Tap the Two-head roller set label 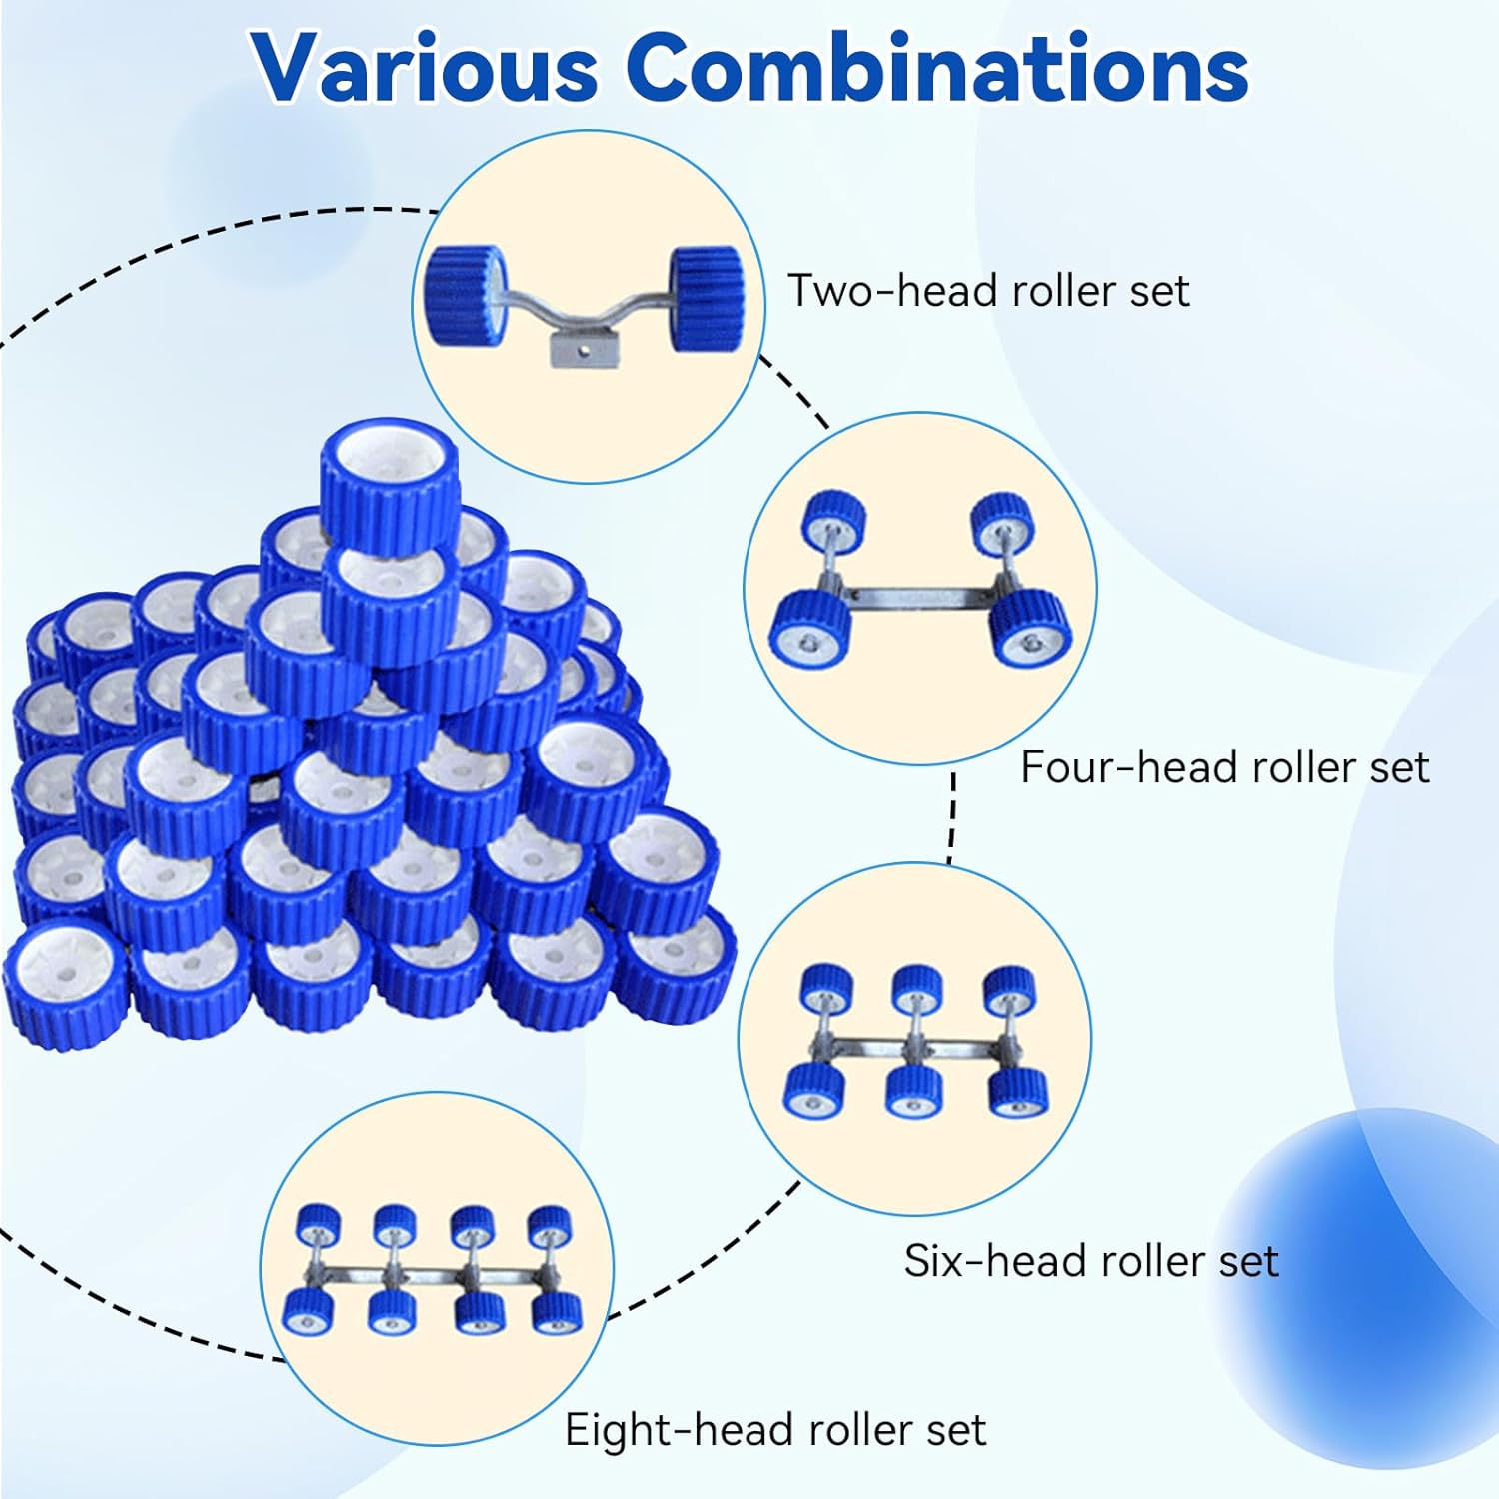pyautogui.click(x=988, y=291)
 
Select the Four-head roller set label pyautogui.click(x=1224, y=767)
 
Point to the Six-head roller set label pyautogui.click(x=1091, y=1261)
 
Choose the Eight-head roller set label pyautogui.click(x=775, y=1430)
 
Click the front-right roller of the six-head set pyautogui.click(x=1018, y=1092)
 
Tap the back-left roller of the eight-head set pyautogui.click(x=320, y=1225)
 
